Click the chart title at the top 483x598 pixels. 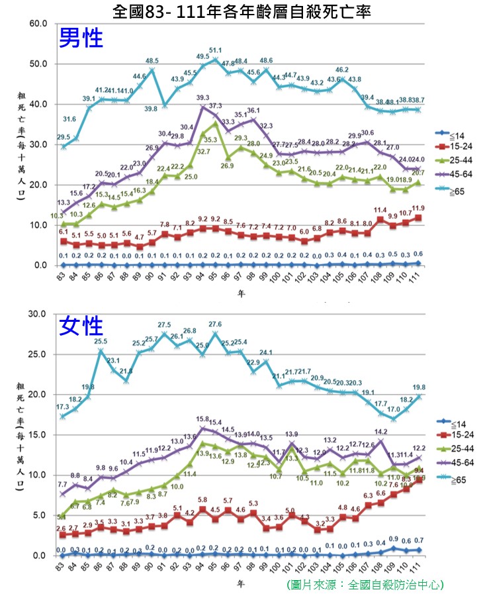[242, 11]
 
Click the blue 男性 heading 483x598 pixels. [81, 38]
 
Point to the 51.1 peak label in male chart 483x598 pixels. [215, 50]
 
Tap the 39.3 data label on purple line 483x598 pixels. [203, 98]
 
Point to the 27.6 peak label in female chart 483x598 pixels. [215, 324]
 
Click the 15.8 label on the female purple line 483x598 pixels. [202, 419]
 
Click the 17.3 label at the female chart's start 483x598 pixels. [63, 407]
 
